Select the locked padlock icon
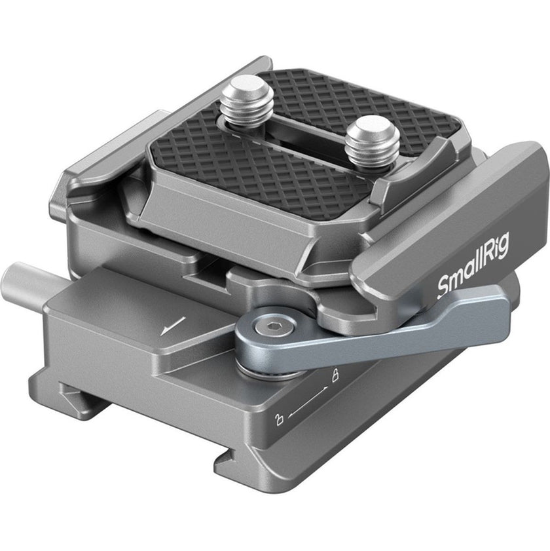pos(335,376)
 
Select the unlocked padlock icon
pos(279,419)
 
